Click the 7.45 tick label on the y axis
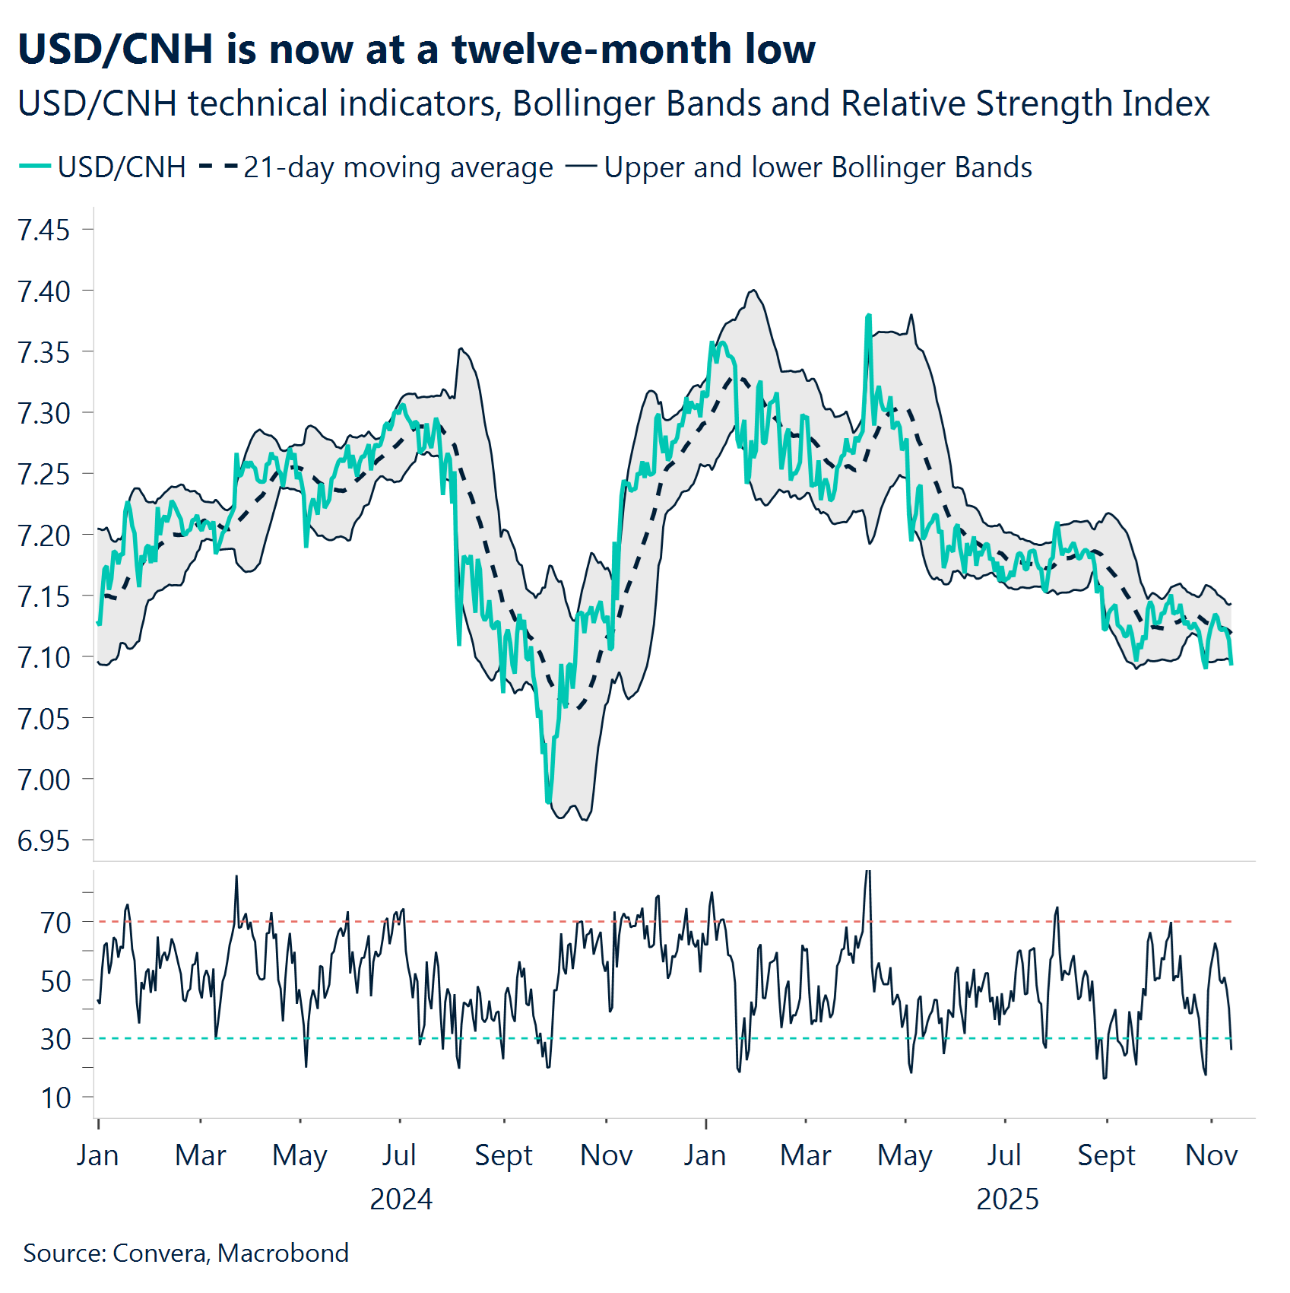pos(44,230)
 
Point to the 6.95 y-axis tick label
pos(44,840)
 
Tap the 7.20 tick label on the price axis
pos(44,535)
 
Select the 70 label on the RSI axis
pos(55,922)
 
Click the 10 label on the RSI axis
pos(55,1098)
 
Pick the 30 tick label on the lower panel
pos(55,1039)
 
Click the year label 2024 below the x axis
pos(401,1199)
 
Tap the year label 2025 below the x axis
pos(1007,1199)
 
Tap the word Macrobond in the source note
pos(283,1253)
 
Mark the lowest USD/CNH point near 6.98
pos(548,802)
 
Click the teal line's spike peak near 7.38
pos(868,315)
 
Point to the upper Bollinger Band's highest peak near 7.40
pos(753,290)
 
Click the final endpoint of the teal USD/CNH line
pos(1231,664)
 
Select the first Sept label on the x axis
pos(503,1155)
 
